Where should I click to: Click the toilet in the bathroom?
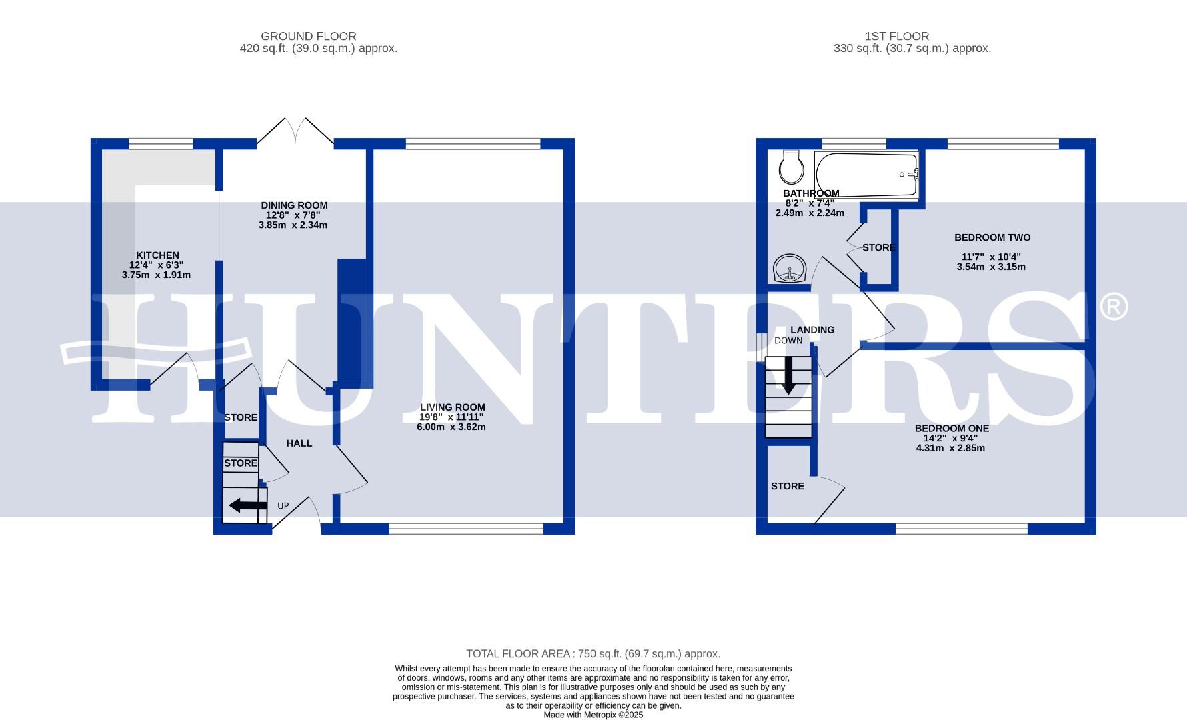pos(792,167)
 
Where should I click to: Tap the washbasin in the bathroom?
pos(790,270)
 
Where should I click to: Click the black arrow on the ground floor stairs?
pos(247,506)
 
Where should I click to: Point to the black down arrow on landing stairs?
pos(788,375)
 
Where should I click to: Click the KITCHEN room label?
pos(157,255)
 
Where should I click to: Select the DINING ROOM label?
pos(294,205)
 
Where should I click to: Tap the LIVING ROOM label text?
pos(452,407)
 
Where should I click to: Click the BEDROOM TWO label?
pos(992,237)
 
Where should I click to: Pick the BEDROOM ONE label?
pos(951,429)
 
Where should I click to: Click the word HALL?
pos(299,443)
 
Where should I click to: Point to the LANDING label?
pos(812,330)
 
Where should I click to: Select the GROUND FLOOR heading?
pos(308,36)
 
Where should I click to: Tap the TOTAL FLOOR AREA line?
pos(593,654)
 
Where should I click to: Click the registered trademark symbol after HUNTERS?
pos(1112,307)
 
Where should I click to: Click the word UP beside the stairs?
pos(283,506)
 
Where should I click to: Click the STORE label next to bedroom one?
pos(787,486)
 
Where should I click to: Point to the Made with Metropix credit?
pos(593,715)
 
